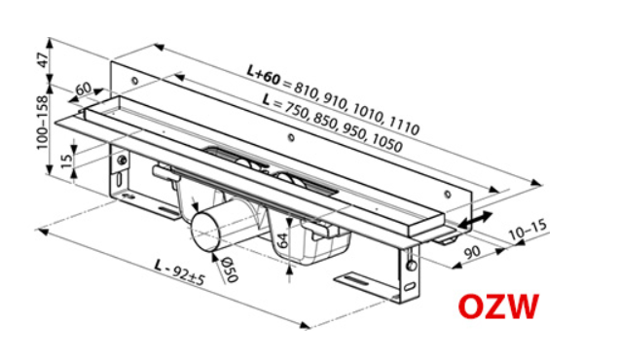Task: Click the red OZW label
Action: click(x=499, y=307)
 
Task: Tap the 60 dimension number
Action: click(x=82, y=89)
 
